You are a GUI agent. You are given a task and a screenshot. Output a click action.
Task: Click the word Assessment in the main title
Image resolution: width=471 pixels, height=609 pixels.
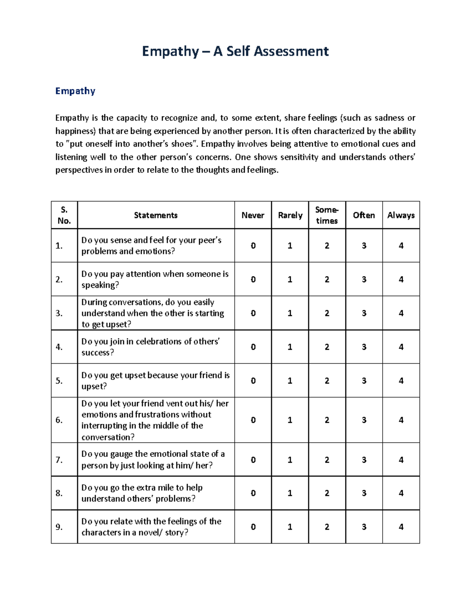tap(292, 51)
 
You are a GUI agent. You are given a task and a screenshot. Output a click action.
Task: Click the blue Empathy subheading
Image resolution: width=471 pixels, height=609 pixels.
tap(75, 91)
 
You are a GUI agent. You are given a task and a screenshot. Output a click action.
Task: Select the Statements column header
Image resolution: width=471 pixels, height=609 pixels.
tap(155, 215)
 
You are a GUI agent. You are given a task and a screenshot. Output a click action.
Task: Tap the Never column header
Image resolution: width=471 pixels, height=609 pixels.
tap(253, 215)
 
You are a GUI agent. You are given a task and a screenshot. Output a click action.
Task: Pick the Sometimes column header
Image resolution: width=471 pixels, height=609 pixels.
tap(327, 215)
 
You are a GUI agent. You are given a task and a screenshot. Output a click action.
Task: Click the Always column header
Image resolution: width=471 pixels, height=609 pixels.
tap(401, 215)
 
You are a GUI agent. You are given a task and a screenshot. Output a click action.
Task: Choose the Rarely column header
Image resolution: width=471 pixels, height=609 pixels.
tap(290, 215)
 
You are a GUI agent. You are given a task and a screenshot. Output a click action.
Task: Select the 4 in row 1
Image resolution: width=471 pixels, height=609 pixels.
tap(401, 245)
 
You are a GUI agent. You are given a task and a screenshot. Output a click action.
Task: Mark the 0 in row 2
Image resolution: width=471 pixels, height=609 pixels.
tap(253, 279)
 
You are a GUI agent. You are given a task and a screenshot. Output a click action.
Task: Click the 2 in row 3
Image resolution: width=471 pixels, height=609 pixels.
tap(327, 313)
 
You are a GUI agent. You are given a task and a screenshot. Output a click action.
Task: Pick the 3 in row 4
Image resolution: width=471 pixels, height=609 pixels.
tap(364, 347)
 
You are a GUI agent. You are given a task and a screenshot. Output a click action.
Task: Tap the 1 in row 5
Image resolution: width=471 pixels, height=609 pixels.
tap(290, 380)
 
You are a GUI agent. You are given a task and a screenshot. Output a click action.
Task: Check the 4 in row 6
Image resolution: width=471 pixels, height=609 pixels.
tap(401, 420)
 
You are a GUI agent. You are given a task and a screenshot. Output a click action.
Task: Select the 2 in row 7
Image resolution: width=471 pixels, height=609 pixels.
tap(327, 460)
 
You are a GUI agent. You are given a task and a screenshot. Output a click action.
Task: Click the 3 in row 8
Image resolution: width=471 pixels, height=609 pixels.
tap(364, 493)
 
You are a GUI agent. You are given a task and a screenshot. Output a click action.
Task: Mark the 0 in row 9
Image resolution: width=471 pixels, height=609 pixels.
tap(253, 527)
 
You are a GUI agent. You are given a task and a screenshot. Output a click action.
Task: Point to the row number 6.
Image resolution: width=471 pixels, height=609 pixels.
tap(59, 420)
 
